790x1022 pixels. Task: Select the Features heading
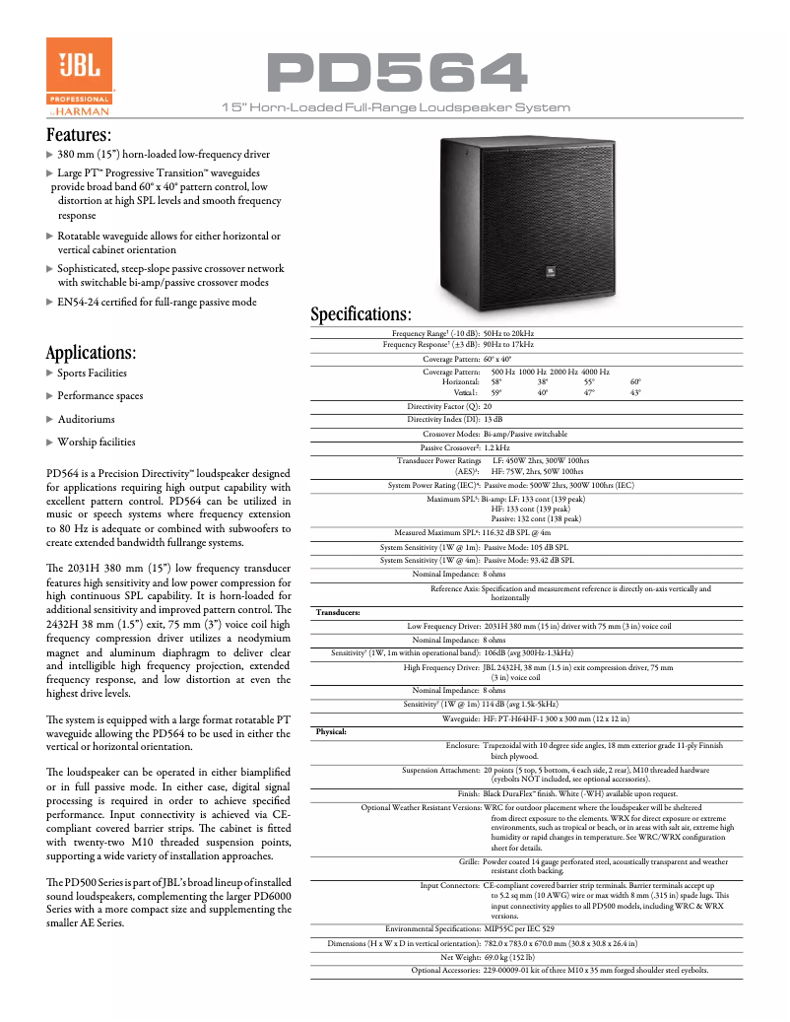pyautogui.click(x=79, y=135)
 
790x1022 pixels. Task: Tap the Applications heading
pyautogui.click(x=92, y=353)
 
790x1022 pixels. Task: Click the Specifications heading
pyautogui.click(x=361, y=314)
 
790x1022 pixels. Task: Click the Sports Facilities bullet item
pyautogui.click(x=92, y=374)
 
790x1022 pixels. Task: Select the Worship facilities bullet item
pyautogui.click(x=96, y=443)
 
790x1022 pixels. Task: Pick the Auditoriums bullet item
pyautogui.click(x=86, y=420)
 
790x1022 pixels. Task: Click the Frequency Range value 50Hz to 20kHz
pyautogui.click(x=509, y=334)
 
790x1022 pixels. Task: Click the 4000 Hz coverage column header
pyautogui.click(x=595, y=372)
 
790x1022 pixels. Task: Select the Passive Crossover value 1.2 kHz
pyautogui.click(x=502, y=447)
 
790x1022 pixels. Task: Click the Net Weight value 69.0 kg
pyautogui.click(x=509, y=957)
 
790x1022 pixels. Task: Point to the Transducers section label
pyautogui.click(x=338, y=612)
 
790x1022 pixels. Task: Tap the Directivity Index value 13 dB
pyautogui.click(x=494, y=420)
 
